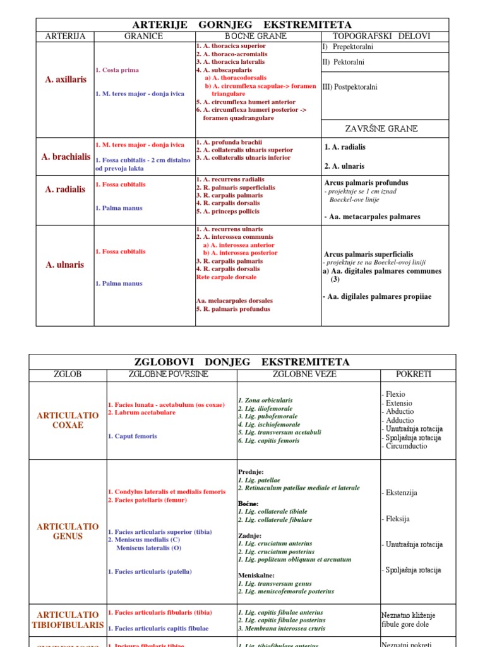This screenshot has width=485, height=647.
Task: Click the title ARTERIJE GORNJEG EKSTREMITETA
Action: [x=242, y=25]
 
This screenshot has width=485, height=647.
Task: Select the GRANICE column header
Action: [x=144, y=36]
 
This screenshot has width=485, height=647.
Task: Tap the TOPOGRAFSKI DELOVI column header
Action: [x=385, y=36]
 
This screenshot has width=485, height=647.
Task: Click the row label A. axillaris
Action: [x=66, y=80]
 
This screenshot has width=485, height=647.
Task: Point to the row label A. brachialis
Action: [x=66, y=157]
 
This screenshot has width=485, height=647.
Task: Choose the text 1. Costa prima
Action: [x=117, y=70]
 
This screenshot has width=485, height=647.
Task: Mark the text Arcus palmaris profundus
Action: [x=366, y=183]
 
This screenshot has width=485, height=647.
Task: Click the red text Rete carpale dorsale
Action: [x=226, y=277]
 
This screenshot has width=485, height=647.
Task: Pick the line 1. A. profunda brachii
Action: [x=229, y=142]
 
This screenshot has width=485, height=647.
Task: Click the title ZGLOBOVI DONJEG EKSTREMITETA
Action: [x=242, y=362]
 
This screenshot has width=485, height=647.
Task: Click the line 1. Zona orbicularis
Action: [x=265, y=400]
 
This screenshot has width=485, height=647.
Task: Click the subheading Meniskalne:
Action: [x=256, y=576]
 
